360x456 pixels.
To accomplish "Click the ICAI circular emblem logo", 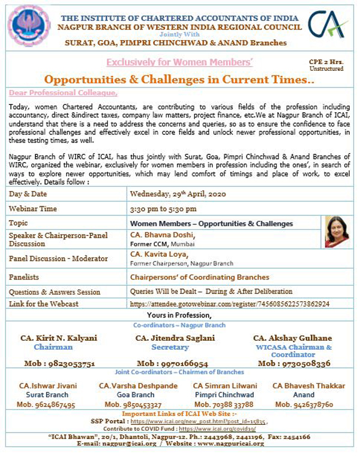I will tap(28, 26).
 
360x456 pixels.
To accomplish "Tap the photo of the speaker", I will tap(336, 231).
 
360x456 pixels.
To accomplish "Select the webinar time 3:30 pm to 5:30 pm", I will tap(163, 209).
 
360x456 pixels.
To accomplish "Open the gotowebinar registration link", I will tap(230, 304).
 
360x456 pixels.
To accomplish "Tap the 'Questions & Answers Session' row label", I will tap(55, 292).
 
